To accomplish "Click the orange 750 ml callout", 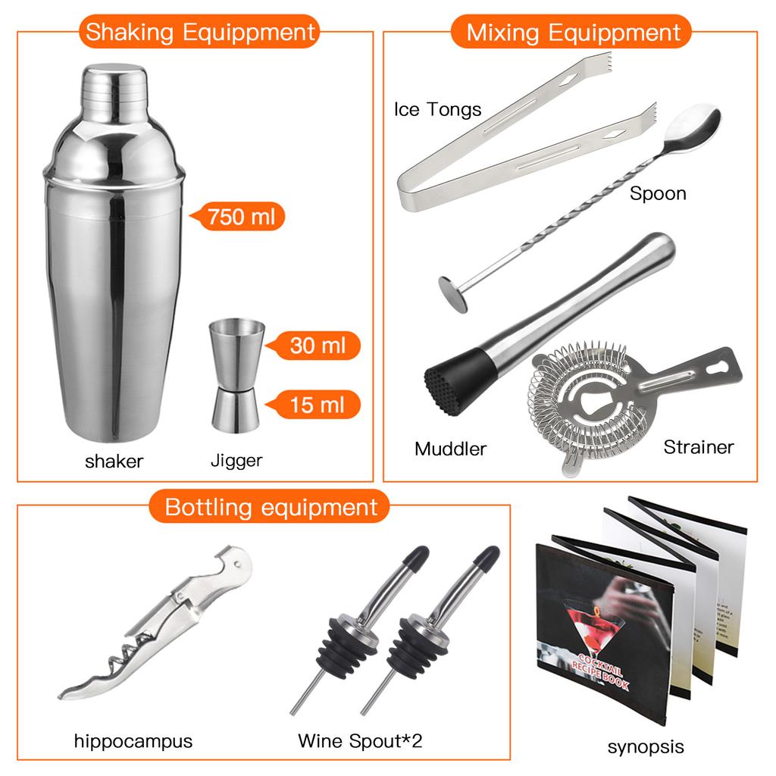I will pos(236,217).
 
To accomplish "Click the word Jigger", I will pos(236,460).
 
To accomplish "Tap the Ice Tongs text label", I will pos(437,109).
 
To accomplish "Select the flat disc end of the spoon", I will pos(454,292).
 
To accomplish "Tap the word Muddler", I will pos(450,449).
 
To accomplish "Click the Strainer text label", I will pos(699,447).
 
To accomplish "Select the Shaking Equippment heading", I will pos(199,33).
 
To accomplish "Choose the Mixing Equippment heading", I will pos(573,33).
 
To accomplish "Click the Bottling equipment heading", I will pos(271,506).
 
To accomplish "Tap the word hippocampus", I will pos(133,740).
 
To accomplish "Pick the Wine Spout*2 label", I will pos(359,740).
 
